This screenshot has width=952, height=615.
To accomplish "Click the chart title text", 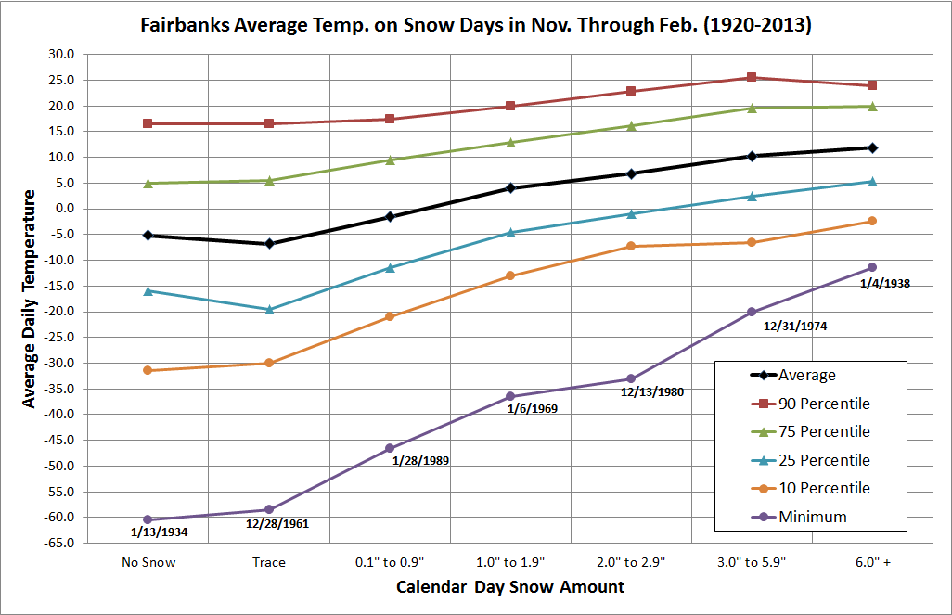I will [475, 25].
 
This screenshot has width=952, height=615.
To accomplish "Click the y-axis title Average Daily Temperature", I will [30, 298].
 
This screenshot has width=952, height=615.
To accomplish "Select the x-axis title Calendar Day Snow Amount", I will [509, 587].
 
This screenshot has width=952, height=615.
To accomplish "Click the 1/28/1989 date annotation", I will [423, 460].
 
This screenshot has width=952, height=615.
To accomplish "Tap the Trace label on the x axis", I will [269, 562].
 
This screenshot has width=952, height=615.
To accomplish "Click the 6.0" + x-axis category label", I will [871, 562].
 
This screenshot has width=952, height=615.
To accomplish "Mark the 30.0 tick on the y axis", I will [63, 55].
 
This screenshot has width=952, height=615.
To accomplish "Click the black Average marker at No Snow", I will [148, 236].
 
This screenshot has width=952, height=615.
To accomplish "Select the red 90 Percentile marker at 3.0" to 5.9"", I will [752, 78].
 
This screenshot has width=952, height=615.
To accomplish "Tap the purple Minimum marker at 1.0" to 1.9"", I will [510, 396].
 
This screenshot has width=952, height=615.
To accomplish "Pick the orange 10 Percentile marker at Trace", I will [269, 363].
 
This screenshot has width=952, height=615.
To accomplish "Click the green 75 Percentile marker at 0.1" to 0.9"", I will [390, 160].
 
